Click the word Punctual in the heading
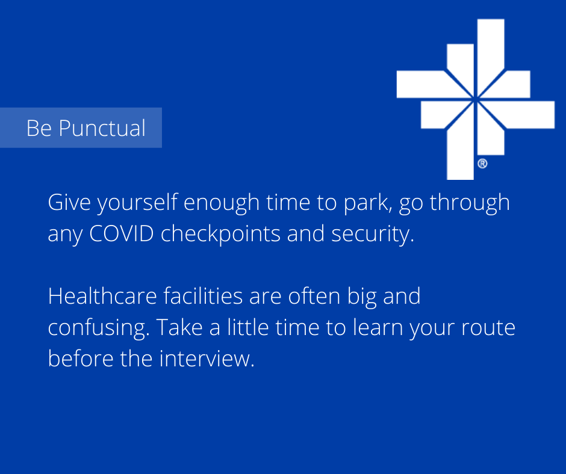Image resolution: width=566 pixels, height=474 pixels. click(x=102, y=128)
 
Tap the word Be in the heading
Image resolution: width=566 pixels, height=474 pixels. click(x=39, y=128)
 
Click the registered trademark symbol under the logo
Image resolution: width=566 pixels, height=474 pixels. click(x=483, y=164)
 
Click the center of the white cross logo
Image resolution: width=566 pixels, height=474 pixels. click(x=476, y=99)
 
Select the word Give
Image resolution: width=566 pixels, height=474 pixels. click(x=69, y=202)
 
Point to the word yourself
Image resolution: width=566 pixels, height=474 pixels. click(x=137, y=203)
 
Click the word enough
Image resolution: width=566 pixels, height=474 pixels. click(x=222, y=203)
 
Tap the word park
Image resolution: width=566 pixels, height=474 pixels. click(x=366, y=203)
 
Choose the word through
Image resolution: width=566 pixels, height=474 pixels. click(x=470, y=203)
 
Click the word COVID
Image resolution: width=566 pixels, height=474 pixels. click(x=122, y=234)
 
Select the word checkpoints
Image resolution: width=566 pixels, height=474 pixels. click(x=220, y=235)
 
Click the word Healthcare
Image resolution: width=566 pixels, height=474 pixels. click(x=102, y=297)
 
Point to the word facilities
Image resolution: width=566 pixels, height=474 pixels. click(x=203, y=297)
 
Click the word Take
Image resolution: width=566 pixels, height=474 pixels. click(x=179, y=328)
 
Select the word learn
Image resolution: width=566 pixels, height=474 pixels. click(x=378, y=328)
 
